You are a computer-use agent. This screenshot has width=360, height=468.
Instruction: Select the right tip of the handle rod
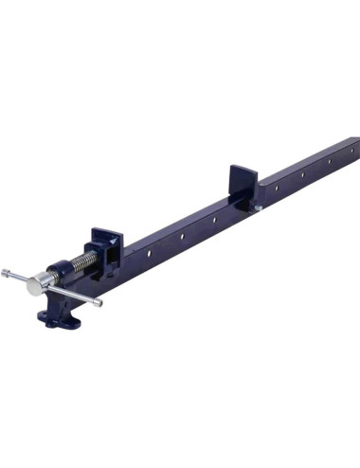pos(99,303)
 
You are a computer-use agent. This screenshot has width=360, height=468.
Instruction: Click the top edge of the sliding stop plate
pos(241,170)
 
